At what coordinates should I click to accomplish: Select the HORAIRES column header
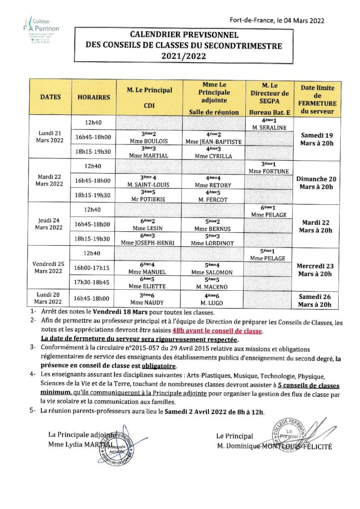tap(94, 97)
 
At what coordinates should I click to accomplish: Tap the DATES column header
tap(51, 97)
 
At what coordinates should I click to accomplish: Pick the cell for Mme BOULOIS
tap(149, 138)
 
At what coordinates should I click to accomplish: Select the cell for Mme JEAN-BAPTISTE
tap(213, 138)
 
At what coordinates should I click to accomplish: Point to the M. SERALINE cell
tap(270, 124)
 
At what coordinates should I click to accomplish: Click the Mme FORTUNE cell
tap(270, 168)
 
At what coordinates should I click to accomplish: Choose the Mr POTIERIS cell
tap(149, 195)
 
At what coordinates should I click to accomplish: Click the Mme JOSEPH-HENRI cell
tap(149, 239)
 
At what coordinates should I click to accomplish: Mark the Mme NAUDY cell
tap(149, 298)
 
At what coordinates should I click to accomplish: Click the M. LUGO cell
tap(213, 298)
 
